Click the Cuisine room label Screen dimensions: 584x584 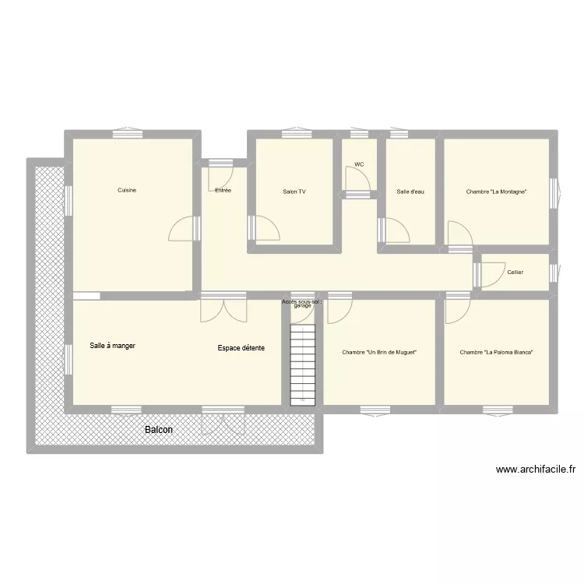click(127, 190)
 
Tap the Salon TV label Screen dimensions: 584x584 click(294, 191)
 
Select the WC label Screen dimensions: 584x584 click(359, 164)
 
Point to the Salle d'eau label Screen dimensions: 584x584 click(410, 191)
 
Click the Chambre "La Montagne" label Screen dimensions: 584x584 click(497, 191)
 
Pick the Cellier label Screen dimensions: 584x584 click(515, 273)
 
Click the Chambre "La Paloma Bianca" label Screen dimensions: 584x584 click(496, 352)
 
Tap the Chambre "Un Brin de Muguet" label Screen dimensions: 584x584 click(379, 352)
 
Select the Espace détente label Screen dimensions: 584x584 click(241, 347)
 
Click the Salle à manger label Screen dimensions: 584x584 click(113, 346)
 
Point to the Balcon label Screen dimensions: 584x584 click(159, 430)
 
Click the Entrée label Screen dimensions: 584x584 click(223, 190)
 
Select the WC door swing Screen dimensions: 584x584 click(358, 181)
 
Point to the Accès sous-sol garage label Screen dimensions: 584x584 click(302, 303)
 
